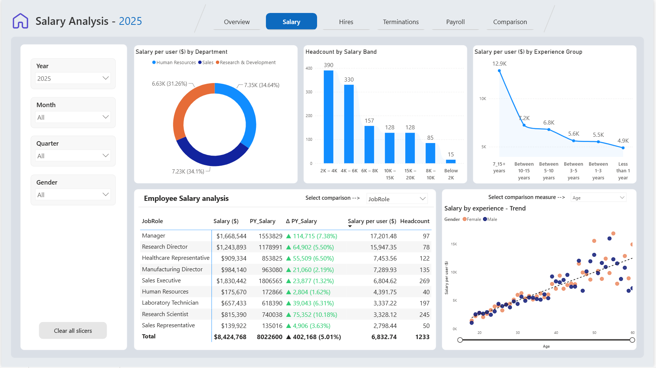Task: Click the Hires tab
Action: pos(346,22)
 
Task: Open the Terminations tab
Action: pos(401,22)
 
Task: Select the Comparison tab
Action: pos(510,22)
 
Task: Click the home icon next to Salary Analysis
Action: pos(20,21)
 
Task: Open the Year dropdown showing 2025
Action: pos(73,78)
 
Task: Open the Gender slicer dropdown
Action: pos(73,195)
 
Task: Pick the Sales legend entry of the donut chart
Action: pos(206,63)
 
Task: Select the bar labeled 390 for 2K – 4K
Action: pos(329,117)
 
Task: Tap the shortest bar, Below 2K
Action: pos(451,161)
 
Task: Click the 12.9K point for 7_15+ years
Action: pos(499,70)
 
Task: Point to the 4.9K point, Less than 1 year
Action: pos(623,148)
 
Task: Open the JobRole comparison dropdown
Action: pos(397,199)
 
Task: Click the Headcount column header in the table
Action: pos(415,221)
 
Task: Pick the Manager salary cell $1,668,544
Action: pos(232,236)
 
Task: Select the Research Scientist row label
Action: pos(165,314)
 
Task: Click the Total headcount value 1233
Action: pos(422,337)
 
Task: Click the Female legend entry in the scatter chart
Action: pos(472,219)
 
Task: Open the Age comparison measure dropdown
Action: pos(598,198)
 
